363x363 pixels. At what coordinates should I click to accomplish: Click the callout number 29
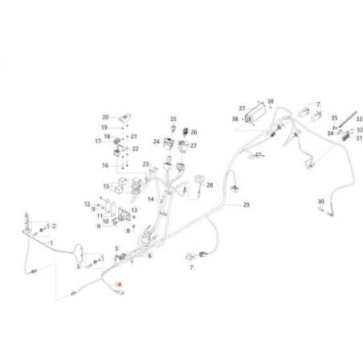click(246, 206)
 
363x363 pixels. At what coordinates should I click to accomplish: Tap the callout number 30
click(320, 201)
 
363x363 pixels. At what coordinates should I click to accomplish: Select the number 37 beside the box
click(241, 107)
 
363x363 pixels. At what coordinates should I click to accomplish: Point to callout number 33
click(359, 119)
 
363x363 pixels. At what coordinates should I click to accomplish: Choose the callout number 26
click(194, 132)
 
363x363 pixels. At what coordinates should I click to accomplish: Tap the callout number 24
click(157, 141)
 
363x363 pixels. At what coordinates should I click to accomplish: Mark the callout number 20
click(104, 117)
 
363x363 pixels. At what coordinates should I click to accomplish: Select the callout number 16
click(104, 165)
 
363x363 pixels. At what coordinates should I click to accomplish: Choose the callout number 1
click(52, 243)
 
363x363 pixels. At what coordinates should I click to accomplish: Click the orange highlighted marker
click(120, 285)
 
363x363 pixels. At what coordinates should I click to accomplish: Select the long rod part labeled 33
click(349, 120)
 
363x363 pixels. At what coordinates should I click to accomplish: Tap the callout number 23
click(147, 165)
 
